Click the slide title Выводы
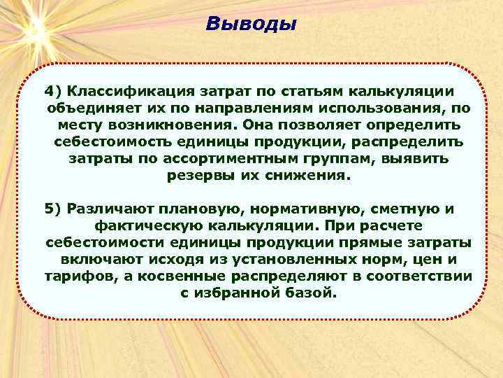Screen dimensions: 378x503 pyautogui.click(x=251, y=24)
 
